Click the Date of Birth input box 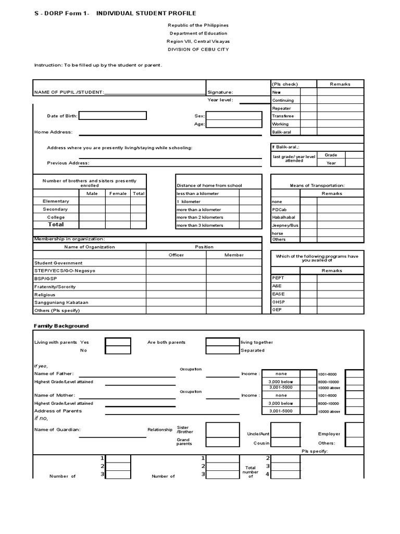pos(113,116)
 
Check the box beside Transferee pos(308,116)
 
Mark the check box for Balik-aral pos(308,132)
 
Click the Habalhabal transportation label pos(285,217)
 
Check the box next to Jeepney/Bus pos(308,225)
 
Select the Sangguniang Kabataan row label pos(61,302)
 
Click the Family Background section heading pos(61,326)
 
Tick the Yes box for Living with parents pos(118,342)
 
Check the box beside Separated pos(222,350)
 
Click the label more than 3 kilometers pos(199,225)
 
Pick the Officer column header pos(176,255)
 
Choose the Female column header pos(117,193)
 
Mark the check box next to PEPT pos(308,278)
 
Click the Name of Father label pos(54,374)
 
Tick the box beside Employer pos(354,430)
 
